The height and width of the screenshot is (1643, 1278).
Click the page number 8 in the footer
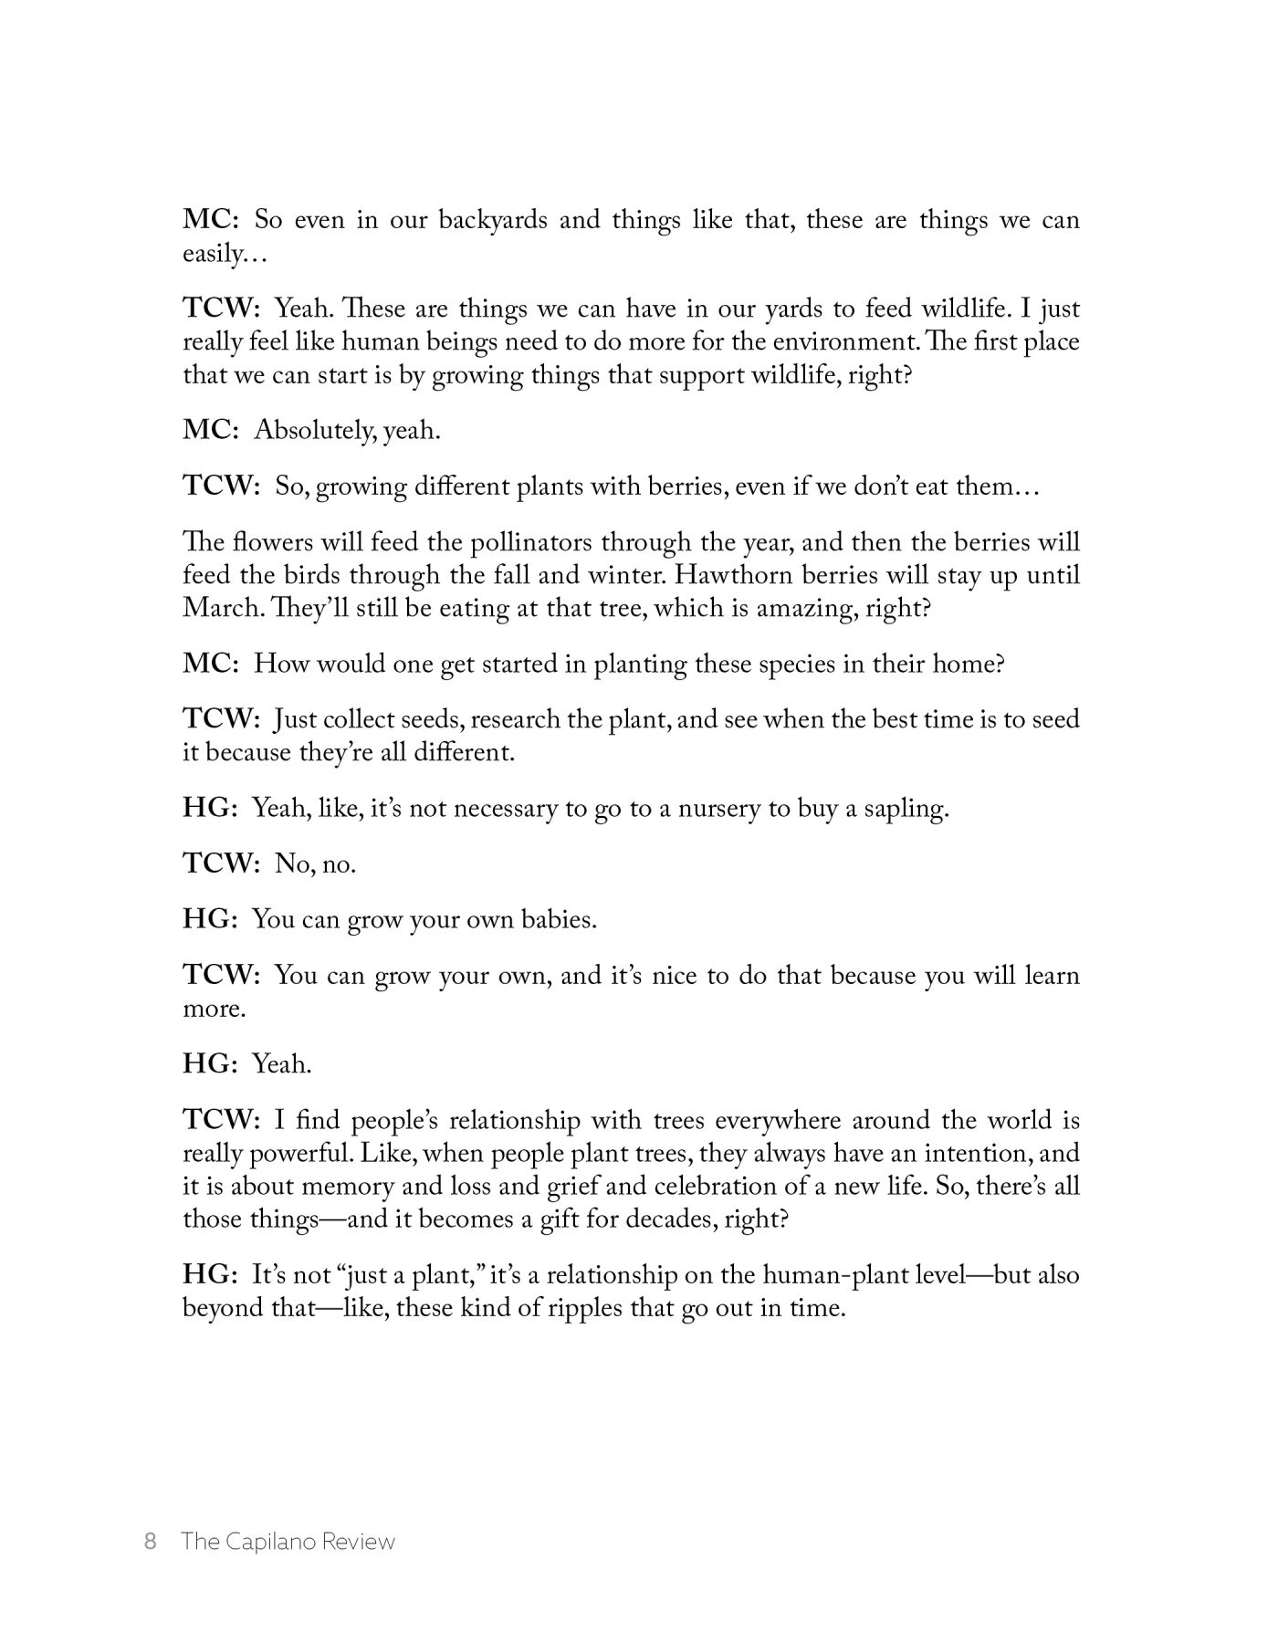tap(151, 1542)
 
